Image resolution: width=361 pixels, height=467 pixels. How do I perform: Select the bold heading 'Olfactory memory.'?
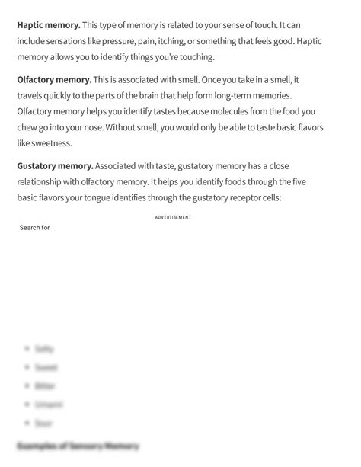(54, 79)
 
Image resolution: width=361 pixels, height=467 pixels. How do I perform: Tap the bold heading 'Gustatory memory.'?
(56, 165)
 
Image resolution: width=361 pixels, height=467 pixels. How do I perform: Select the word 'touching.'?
(195, 57)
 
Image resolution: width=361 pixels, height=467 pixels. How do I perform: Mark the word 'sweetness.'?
(44, 143)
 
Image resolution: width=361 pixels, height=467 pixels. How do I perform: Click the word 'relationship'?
(44, 181)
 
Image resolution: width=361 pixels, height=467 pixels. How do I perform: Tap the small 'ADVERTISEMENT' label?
(173, 217)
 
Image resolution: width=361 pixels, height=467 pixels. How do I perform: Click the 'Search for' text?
(35, 227)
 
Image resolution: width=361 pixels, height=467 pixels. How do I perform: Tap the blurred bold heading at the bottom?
(78, 446)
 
